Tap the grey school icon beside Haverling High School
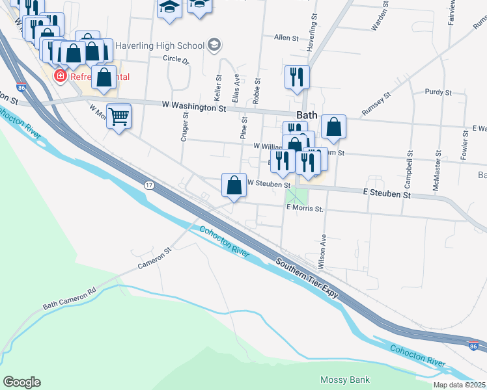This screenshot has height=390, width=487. click(x=214, y=45)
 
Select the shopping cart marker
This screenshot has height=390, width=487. click(x=118, y=117)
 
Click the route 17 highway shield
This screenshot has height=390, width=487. click(x=149, y=186)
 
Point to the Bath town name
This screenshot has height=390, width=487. click(x=307, y=115)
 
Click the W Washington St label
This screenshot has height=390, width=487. click(x=194, y=107)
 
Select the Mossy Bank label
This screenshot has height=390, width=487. click(x=345, y=380)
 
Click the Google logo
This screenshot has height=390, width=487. click(x=21, y=382)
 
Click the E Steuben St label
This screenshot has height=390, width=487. click(x=387, y=194)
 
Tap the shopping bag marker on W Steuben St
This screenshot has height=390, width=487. click(x=234, y=185)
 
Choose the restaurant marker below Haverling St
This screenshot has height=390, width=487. click(x=297, y=77)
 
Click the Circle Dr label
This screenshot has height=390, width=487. click(x=176, y=59)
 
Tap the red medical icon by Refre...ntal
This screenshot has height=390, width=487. click(x=61, y=76)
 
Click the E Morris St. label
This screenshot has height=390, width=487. click(x=305, y=209)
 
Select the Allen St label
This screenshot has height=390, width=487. click(x=286, y=38)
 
